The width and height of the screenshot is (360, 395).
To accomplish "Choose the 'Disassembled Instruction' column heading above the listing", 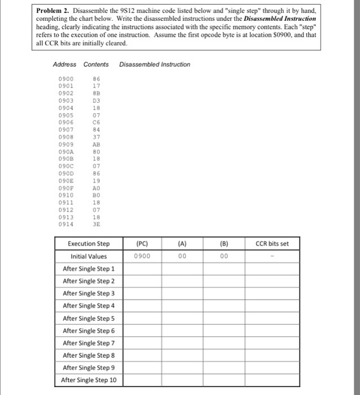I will pyautogui.click(x=155, y=64).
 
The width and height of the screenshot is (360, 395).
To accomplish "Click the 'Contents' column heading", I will pyautogui.click(x=96, y=64).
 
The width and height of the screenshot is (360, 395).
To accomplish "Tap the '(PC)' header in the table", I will pyautogui.click(x=143, y=244).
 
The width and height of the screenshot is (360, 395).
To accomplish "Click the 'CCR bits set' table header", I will pyautogui.click(x=272, y=244).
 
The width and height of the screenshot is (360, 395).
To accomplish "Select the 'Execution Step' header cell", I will pyautogui.click(x=89, y=244).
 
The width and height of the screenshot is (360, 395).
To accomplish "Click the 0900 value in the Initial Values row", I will pyautogui.click(x=143, y=256).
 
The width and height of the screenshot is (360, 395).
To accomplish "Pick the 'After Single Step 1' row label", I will pyautogui.click(x=89, y=269).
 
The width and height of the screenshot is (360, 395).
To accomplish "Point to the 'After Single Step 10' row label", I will pyautogui.click(x=89, y=380).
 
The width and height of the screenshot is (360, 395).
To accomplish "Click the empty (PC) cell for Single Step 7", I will pyautogui.click(x=143, y=343).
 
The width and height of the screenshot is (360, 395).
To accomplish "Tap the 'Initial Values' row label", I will pyautogui.click(x=89, y=256).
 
